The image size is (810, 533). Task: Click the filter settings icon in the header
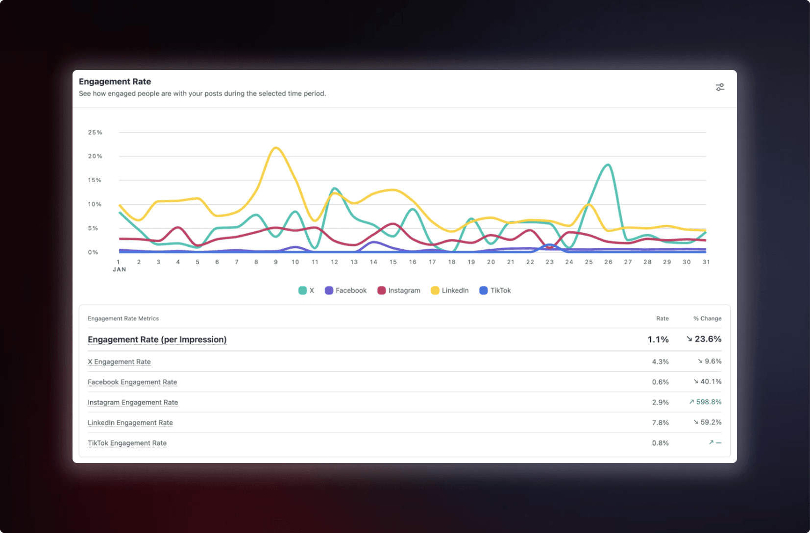point(720,87)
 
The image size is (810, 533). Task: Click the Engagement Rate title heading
point(115,82)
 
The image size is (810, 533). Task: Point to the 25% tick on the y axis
point(95,133)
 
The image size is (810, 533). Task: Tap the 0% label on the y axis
point(93,252)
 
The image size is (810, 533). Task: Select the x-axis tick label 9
point(276,262)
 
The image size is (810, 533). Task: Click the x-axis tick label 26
point(609,262)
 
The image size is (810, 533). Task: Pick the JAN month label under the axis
point(120,269)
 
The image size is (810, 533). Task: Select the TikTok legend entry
point(495,291)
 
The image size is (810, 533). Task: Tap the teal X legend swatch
point(302,291)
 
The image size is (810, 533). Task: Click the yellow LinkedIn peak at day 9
point(276,147)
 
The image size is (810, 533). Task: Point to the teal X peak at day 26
point(608,165)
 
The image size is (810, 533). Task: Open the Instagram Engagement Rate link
point(133,402)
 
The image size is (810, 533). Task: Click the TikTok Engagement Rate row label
point(127,443)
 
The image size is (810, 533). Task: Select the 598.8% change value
point(709,402)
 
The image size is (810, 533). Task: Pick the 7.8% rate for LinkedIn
point(660,423)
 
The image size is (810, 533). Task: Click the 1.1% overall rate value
point(658,339)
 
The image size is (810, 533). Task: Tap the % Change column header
point(707,318)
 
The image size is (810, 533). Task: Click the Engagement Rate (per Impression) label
point(157,339)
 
